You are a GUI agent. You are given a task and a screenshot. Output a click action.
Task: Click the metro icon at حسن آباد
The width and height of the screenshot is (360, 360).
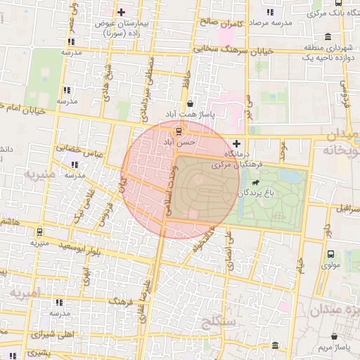tap(179, 131)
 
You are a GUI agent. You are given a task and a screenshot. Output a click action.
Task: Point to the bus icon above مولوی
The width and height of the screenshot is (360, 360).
tap(330, 255)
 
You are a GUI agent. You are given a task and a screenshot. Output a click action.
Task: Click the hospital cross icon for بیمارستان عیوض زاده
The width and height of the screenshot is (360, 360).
tap(121, 12)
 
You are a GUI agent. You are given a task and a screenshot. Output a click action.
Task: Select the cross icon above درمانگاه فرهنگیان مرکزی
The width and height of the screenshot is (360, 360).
tap(236, 143)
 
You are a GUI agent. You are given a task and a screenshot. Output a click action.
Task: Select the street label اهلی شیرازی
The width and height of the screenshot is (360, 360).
tap(53, 335)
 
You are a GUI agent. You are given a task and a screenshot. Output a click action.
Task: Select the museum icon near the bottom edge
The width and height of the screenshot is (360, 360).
tap(274, 346)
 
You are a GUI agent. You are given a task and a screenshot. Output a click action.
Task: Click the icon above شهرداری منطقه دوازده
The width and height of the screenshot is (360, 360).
tap(328, 37)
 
